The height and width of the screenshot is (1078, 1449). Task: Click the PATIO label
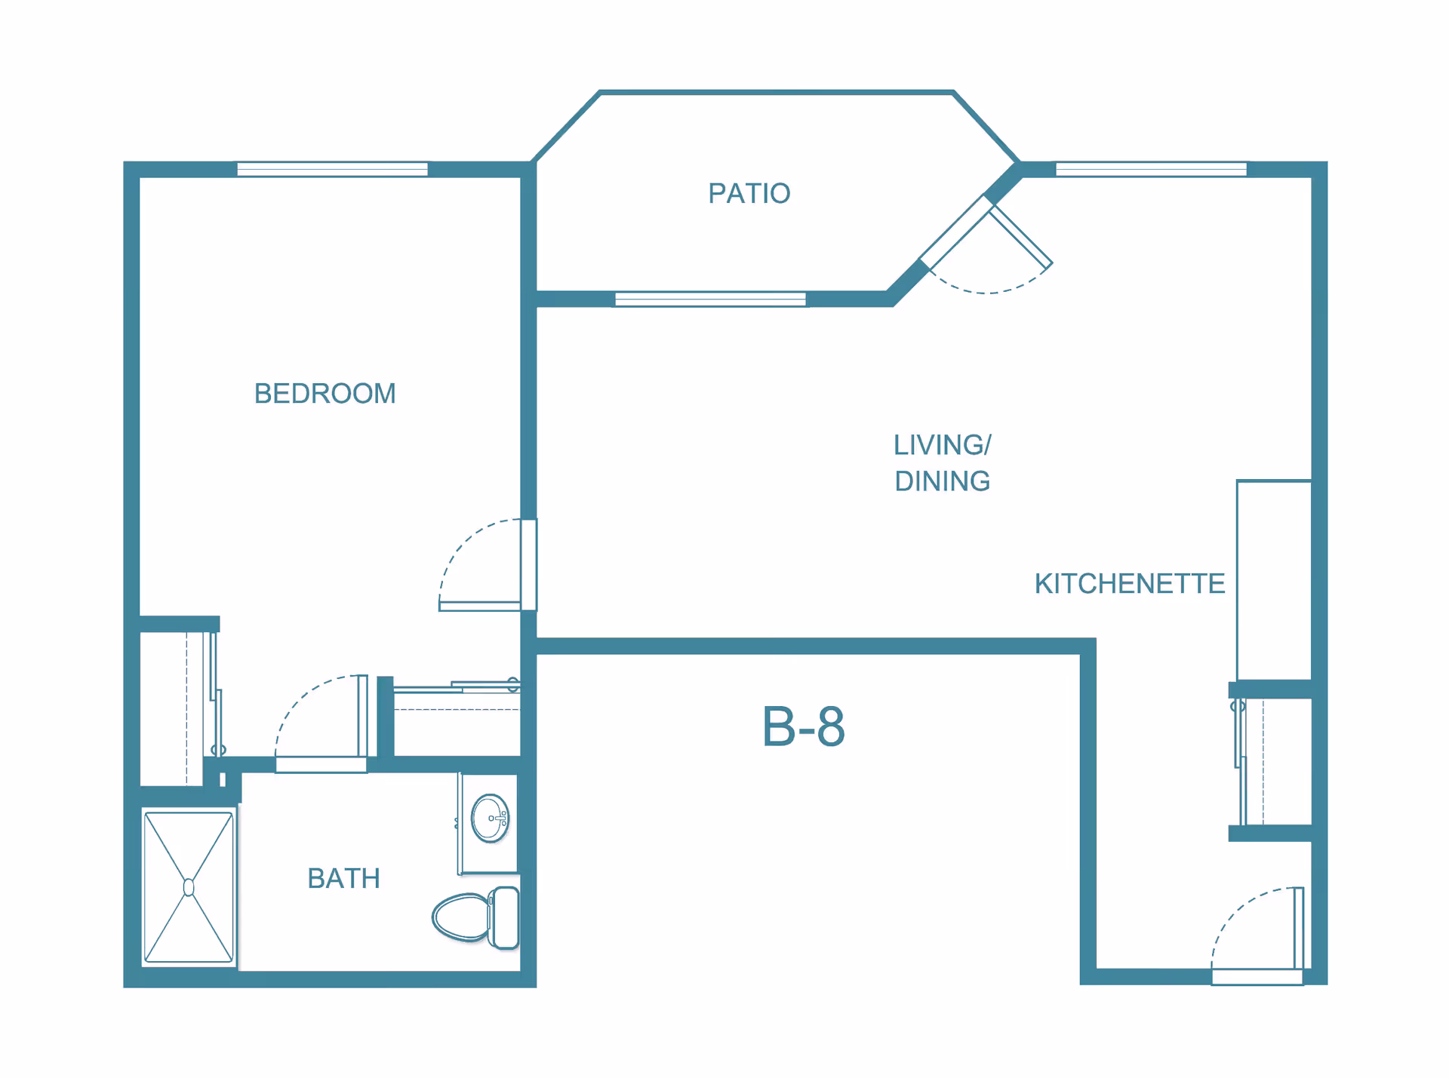749,194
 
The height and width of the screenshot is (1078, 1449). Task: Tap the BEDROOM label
325,394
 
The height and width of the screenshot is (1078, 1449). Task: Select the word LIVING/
943,445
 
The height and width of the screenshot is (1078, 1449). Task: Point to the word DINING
943,481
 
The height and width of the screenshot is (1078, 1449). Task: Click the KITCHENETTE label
1130,584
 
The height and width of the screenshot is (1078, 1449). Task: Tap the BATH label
343,879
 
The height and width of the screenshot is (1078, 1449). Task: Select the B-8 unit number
803,726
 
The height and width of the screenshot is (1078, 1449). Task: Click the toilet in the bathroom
476,917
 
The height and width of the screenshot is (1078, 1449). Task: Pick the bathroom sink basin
490,818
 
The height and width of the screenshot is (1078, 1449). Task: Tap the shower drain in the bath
189,888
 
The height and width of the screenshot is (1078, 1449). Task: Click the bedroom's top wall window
333,169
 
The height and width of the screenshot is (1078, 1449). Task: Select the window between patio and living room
710,299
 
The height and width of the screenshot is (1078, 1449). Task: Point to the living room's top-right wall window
1151,169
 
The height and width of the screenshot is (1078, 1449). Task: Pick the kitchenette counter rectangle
1274,580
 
